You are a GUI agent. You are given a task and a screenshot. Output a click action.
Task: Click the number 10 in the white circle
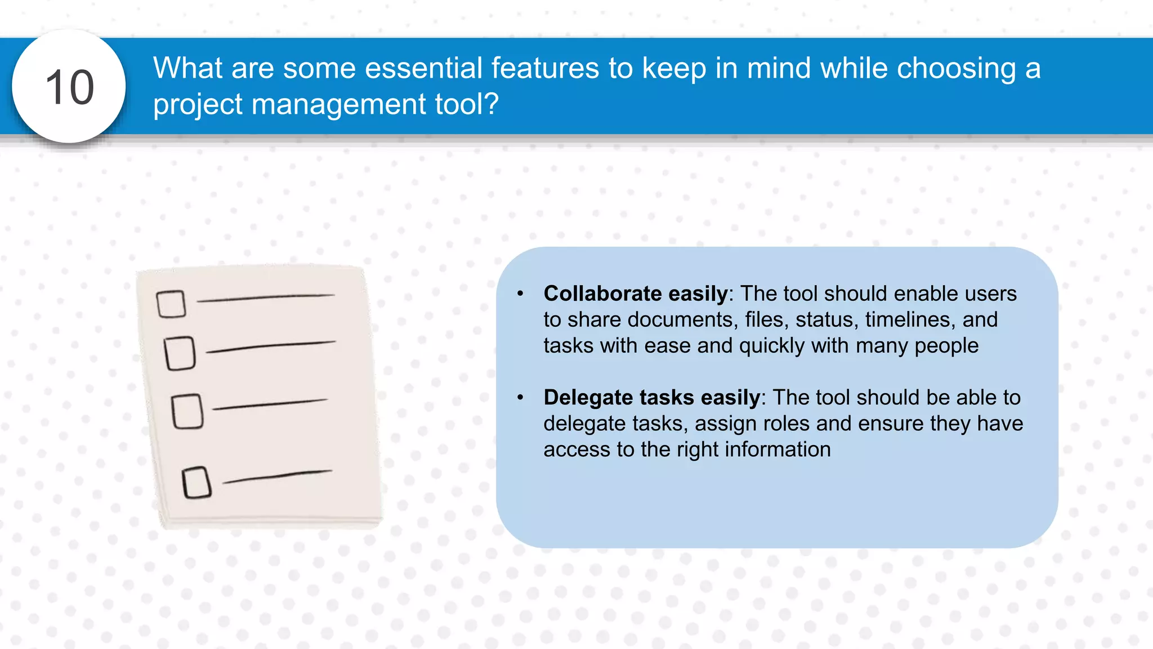pyautogui.click(x=69, y=87)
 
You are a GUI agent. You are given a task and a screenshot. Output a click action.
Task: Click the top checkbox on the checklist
pyautogui.click(x=171, y=304)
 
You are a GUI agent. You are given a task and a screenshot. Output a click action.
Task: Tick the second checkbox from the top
pyautogui.click(x=180, y=353)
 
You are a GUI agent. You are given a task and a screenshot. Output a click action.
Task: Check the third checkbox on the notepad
pyautogui.click(x=187, y=411)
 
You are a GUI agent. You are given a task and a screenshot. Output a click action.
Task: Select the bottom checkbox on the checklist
pyautogui.click(x=196, y=482)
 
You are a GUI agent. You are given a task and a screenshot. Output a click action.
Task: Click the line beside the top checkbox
pyautogui.click(x=266, y=297)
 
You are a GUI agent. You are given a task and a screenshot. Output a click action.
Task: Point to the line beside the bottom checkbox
pyautogui.click(x=277, y=477)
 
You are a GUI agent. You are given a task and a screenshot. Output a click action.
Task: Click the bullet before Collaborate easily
pyautogui.click(x=520, y=294)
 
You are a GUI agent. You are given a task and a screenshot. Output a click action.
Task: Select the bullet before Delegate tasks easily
pyautogui.click(x=520, y=398)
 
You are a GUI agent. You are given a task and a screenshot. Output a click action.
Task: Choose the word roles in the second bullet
pyautogui.click(x=785, y=423)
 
